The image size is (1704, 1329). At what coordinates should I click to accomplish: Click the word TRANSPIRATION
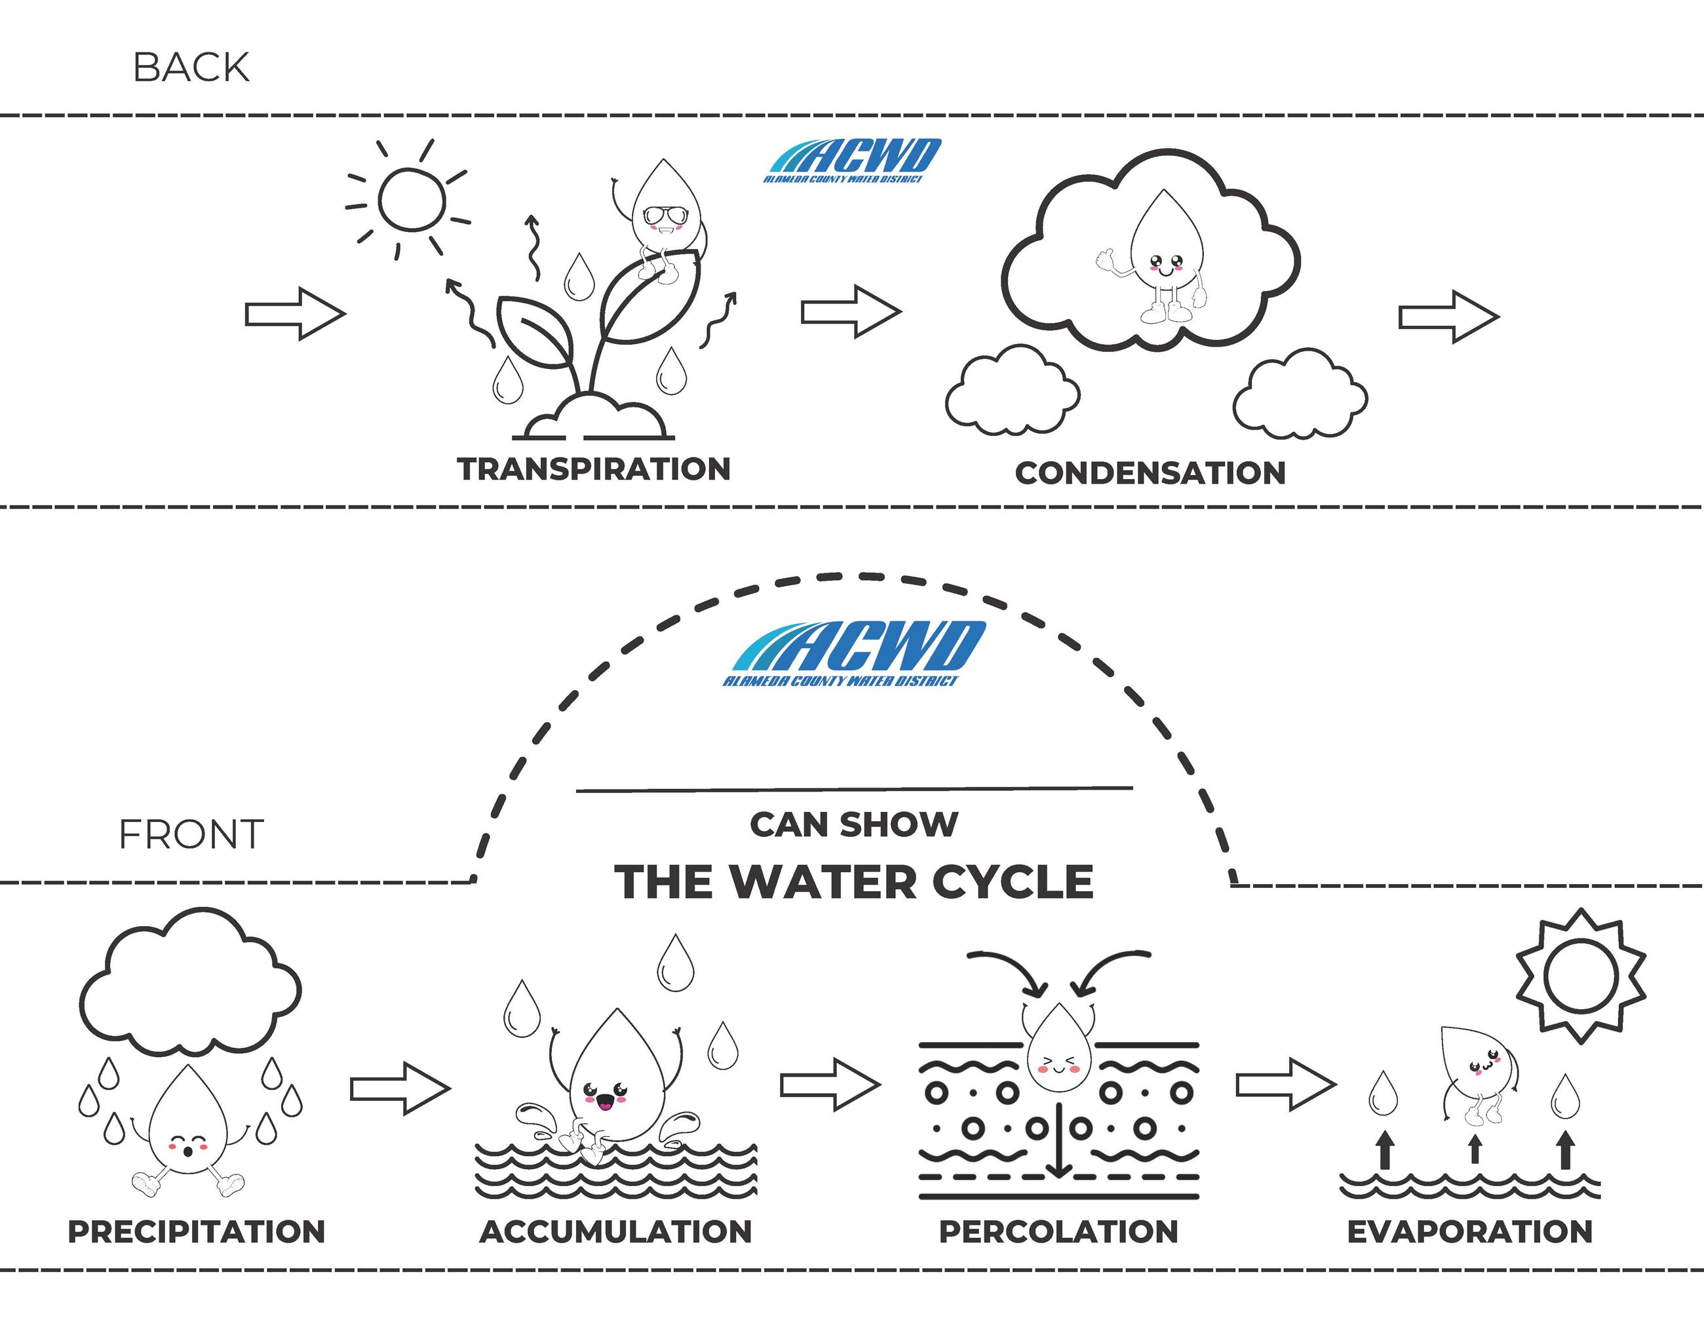point(594,469)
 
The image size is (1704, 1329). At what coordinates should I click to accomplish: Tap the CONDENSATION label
point(1150,473)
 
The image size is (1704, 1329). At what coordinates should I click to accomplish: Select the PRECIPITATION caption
point(197,1231)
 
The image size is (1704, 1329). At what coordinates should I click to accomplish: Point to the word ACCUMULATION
point(615,1231)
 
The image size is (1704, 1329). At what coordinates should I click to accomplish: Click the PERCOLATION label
point(1058,1231)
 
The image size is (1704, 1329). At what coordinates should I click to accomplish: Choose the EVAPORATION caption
point(1470,1231)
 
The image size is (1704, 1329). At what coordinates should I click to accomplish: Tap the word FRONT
point(191,834)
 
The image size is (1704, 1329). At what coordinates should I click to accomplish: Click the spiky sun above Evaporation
point(1581,976)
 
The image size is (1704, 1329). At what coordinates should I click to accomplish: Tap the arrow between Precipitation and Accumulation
point(400,1088)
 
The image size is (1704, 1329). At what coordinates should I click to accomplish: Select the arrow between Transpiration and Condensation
point(851,312)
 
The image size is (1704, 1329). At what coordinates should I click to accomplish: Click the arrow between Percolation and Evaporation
point(1286,1084)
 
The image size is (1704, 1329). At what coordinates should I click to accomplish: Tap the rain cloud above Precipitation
point(189,979)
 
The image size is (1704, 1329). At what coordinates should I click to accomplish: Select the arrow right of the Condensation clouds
point(1449,317)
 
